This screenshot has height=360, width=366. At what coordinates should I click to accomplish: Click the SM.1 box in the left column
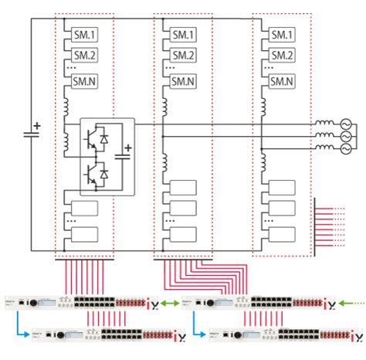(x=83, y=36)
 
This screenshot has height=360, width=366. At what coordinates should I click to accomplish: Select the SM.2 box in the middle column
(x=183, y=55)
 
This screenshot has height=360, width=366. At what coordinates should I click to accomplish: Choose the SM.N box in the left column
(x=83, y=81)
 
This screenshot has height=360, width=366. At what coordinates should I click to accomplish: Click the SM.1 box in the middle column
(x=183, y=36)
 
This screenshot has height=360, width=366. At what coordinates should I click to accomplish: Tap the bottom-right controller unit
(x=263, y=336)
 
